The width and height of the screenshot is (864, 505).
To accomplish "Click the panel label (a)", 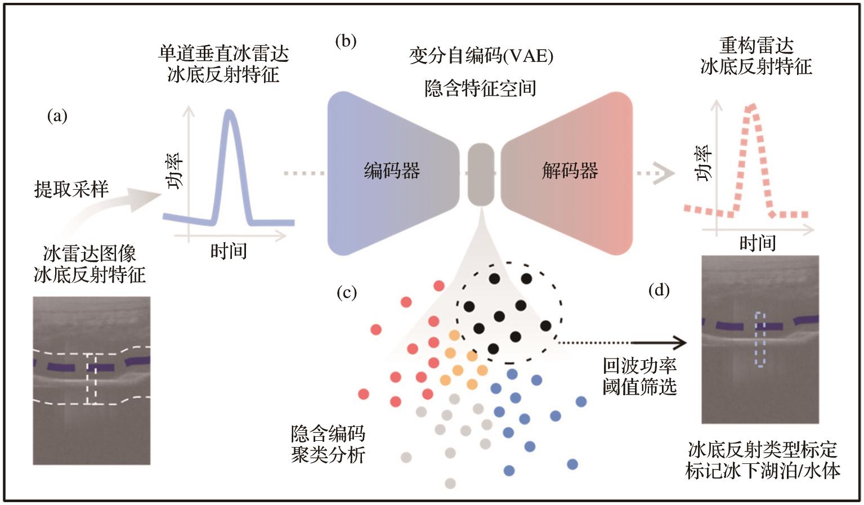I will click(57, 117).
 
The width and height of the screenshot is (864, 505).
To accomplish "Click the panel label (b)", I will click(346, 42).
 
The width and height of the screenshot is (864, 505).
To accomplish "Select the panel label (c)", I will click(346, 293).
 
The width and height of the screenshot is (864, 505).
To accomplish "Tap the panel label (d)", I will click(659, 291).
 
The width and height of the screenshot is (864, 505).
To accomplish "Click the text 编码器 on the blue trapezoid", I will click(392, 171).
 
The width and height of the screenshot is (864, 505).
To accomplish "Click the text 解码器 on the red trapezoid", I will click(570, 171).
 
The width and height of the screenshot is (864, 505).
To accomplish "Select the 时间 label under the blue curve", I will click(229, 251).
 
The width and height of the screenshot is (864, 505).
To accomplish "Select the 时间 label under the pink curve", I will click(758, 243).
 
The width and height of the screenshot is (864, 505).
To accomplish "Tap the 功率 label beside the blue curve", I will click(174, 171).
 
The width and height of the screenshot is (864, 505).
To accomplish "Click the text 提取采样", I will click(71, 189).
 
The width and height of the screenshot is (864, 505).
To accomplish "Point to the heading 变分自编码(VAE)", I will click(481, 56).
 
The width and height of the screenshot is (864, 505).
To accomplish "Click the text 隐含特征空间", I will click(480, 88).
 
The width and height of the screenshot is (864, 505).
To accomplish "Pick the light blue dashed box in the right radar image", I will click(760, 339).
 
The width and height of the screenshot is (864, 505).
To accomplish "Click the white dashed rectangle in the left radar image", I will click(91, 378).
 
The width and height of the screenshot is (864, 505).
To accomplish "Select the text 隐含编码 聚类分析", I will click(328, 444).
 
